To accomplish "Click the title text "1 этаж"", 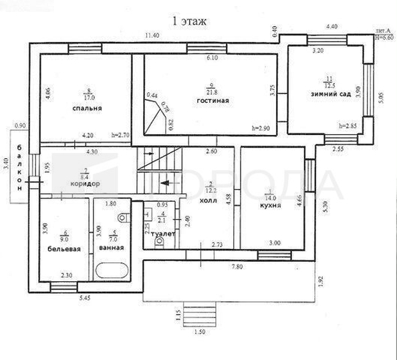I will click(x=190, y=21).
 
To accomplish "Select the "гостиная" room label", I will click(x=213, y=101).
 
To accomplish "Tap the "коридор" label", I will click(x=85, y=183).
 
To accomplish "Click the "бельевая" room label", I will click(x=65, y=248).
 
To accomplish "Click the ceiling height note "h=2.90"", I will click(x=261, y=128).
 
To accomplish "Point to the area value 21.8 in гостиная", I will click(x=212, y=91).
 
